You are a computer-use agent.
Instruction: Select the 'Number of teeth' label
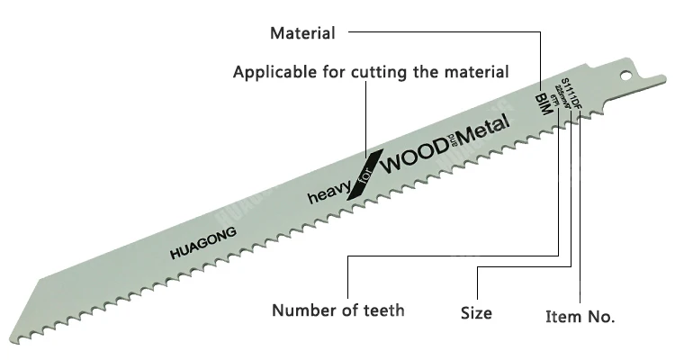[x=338, y=310]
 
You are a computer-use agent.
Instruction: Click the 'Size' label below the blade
[x=476, y=313]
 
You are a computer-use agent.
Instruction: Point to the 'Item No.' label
[x=580, y=316]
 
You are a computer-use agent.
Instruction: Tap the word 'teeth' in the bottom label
[x=380, y=310]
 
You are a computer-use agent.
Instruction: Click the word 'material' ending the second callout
[x=478, y=71]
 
